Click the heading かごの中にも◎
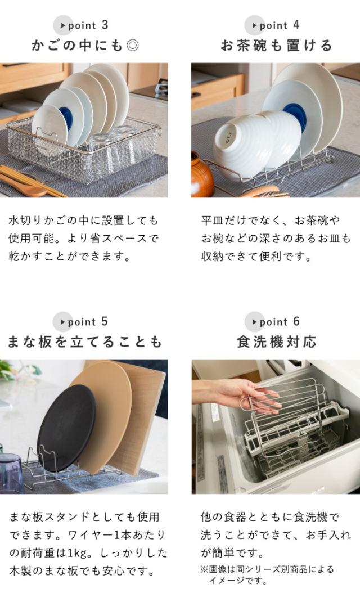pyautogui.click(x=85, y=46)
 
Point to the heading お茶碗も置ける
pyautogui.click(x=276, y=46)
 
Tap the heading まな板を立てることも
pyautogui.click(x=85, y=342)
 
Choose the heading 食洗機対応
pyautogui.click(x=276, y=342)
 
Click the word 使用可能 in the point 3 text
pyautogui.click(x=31, y=239)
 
